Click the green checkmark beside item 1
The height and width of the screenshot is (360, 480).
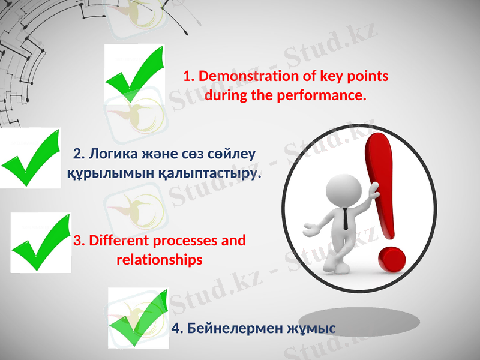tap(134, 75)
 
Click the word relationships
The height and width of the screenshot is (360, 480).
tap(159, 260)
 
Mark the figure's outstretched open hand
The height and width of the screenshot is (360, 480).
tap(311, 229)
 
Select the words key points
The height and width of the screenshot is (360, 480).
tap(354, 77)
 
